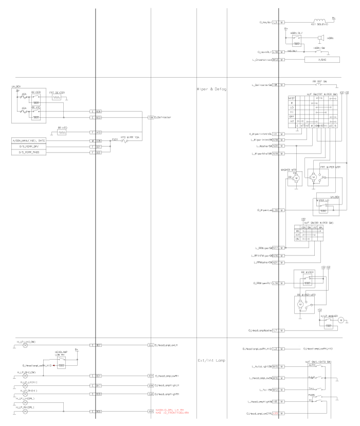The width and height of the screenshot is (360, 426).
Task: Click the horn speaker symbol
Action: click(320, 39)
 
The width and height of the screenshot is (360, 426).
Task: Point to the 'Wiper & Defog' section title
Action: click(212, 89)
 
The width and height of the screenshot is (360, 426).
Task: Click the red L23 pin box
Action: click(276, 413)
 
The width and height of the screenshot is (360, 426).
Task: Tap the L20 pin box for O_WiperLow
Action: click(276, 210)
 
